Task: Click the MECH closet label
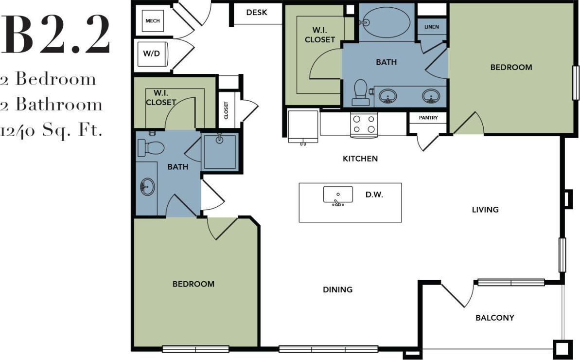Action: [153, 21]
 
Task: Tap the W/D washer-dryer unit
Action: [151, 53]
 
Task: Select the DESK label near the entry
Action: [257, 12]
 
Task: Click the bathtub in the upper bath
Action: [387, 23]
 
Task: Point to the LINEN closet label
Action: [432, 27]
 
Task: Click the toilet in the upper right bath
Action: [360, 92]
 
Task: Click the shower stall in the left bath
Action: [220, 151]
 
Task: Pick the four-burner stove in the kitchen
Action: [364, 124]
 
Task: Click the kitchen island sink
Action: [338, 195]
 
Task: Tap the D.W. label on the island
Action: [374, 195]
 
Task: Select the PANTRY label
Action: [428, 118]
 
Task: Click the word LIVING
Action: [485, 210]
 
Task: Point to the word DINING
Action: [337, 289]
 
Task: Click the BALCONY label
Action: [494, 318]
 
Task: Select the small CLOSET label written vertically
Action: [227, 110]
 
